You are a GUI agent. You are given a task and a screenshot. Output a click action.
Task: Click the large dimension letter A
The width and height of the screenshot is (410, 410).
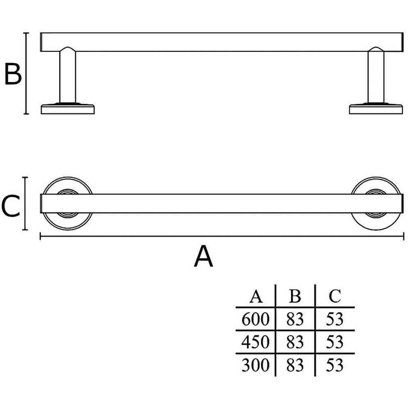pos(204,257)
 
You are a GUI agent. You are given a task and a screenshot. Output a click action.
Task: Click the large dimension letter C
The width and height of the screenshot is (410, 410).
pos(11,206)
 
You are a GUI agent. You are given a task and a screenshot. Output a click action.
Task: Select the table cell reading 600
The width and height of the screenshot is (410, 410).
pos(255,319)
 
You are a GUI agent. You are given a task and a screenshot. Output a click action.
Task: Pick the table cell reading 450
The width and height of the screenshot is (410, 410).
pos(255,342)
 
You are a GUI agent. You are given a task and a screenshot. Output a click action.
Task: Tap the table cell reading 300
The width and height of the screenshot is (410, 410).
pos(255,364)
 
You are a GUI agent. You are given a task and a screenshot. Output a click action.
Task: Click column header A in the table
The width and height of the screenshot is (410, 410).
pos(256,296)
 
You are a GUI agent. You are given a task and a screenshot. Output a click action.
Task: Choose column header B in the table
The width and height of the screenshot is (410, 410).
pos(295,296)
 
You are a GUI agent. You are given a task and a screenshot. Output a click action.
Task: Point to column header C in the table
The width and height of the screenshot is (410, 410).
pos(335,296)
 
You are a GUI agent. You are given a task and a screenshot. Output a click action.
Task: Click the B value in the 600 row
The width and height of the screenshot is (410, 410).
pos(295,319)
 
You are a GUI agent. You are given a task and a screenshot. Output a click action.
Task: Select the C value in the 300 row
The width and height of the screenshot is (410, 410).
pos(335,364)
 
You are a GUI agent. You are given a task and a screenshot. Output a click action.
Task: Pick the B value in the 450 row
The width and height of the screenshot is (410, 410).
pos(295,342)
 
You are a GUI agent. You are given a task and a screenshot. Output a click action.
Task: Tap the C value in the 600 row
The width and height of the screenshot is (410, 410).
pos(335,319)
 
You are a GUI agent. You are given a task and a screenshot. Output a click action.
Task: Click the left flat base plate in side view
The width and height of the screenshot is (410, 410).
pos(68,109)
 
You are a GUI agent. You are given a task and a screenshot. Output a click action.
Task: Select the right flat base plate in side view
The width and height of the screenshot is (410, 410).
pos(376,109)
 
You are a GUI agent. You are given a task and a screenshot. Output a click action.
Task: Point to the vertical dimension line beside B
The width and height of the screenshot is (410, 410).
pos(26,74)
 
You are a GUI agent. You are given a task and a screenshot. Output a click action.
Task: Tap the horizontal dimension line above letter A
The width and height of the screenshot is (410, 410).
pos(221,236)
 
